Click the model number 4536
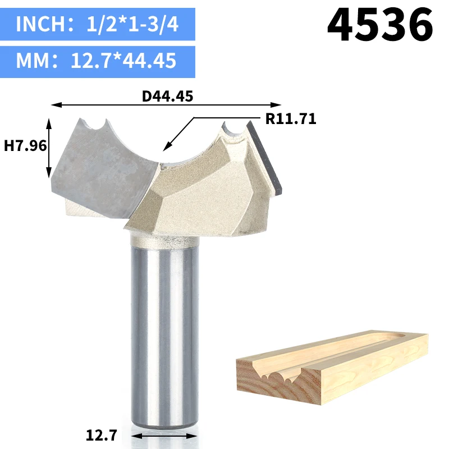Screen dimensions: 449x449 tap(381, 25)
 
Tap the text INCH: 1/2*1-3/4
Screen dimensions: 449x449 tap(97, 24)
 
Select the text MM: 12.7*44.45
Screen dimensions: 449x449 tap(96, 61)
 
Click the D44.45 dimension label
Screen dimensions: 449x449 tap(167, 96)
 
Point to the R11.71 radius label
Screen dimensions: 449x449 tap(291, 118)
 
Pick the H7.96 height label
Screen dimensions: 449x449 tap(25, 146)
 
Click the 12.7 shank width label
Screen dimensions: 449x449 tap(102, 435)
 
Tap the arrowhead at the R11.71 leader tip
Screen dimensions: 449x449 tap(166, 147)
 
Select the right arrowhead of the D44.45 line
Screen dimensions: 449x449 tap(276, 105)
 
